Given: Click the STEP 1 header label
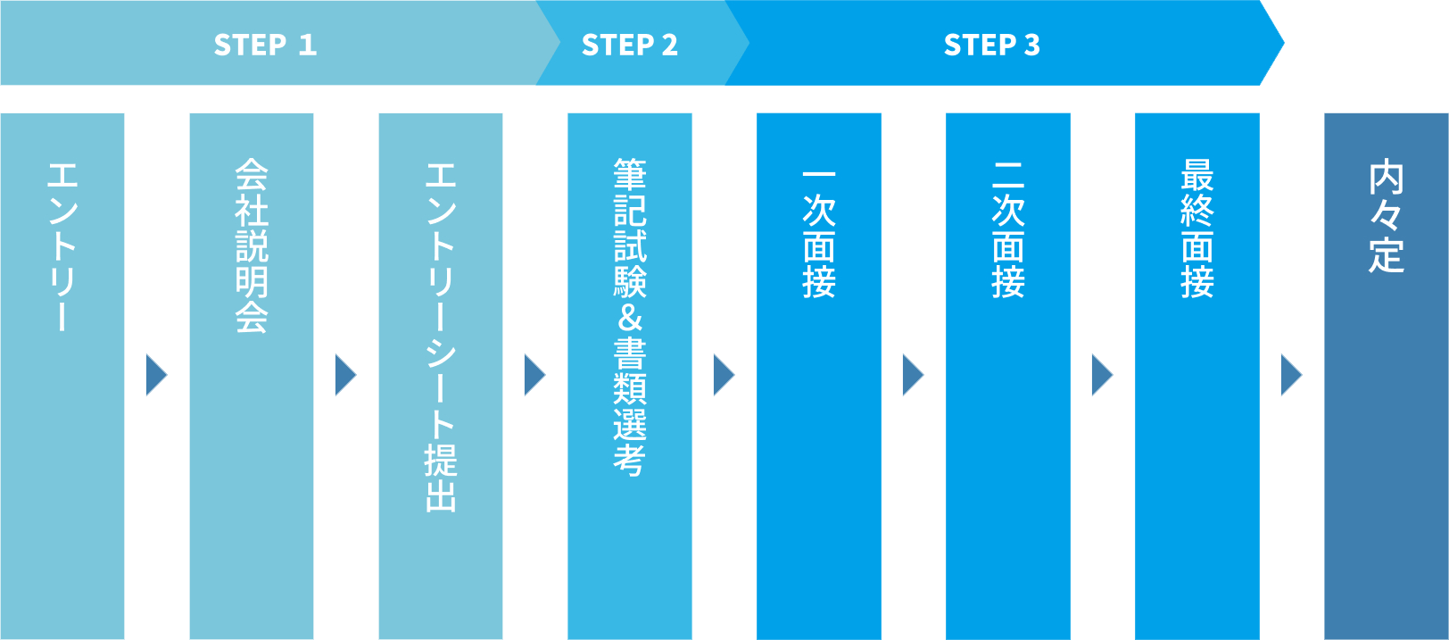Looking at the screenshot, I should click(265, 45).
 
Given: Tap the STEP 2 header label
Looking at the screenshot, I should click(629, 45).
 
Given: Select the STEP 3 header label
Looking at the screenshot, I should click(991, 45).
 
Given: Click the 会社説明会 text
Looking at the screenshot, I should click(252, 245).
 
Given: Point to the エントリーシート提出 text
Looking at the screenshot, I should click(441, 337).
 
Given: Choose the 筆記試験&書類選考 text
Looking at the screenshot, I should click(630, 317).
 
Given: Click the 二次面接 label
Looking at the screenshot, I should click(1008, 230).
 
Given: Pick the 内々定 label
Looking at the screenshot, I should click(1387, 217).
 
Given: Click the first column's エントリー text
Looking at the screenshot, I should click(62, 246).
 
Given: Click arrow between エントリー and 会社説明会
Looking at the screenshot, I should click(156, 375).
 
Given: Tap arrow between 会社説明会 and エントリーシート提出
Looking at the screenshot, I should click(345, 375).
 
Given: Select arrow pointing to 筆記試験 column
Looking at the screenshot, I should click(534, 375).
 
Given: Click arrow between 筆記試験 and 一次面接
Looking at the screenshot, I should click(724, 375).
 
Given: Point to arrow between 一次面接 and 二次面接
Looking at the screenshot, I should click(913, 375).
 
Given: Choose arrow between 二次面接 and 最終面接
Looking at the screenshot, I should click(1102, 375).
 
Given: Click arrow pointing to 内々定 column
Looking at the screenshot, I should click(1291, 375).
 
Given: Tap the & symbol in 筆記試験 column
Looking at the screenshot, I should click(630, 318).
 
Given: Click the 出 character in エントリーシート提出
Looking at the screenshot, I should click(441, 495).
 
